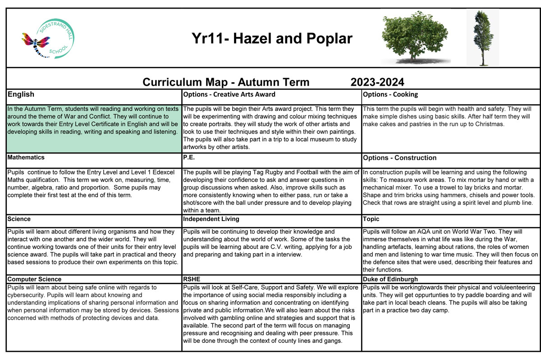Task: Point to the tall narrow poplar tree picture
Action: click(482, 37)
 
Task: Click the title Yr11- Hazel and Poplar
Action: click(272, 38)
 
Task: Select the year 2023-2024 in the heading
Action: click(377, 82)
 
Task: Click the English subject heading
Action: click(21, 94)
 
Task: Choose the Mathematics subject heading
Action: click(26, 157)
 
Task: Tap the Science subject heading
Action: click(19, 219)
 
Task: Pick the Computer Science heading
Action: click(34, 279)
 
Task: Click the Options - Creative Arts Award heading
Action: click(229, 94)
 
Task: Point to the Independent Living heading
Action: click(211, 219)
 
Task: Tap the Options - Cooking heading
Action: click(390, 94)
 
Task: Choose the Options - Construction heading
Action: click(399, 157)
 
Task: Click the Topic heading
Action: click(371, 219)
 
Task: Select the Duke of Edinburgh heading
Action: click(390, 279)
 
